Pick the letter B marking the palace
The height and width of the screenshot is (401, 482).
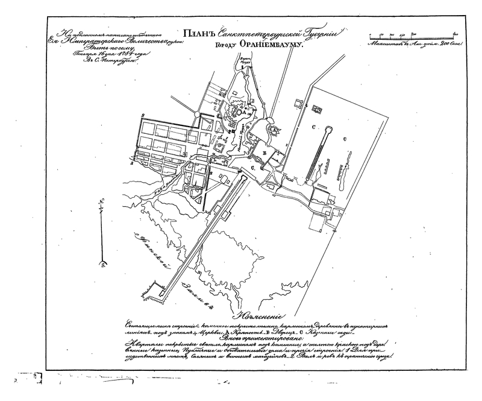coord(264,154)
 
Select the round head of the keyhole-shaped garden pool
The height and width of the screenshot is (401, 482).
coord(328,129)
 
